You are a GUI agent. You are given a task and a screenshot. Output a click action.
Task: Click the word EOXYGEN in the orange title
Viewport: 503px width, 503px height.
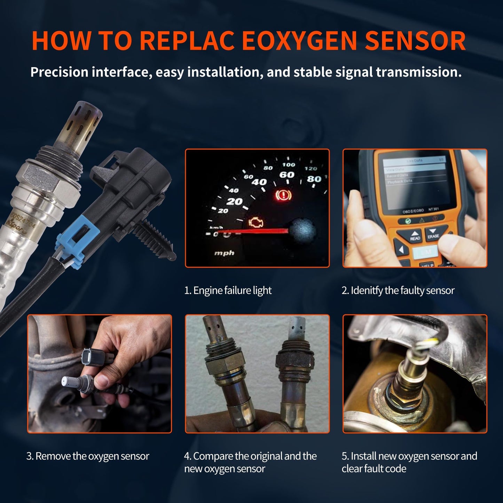pyautogui.click(x=299, y=41)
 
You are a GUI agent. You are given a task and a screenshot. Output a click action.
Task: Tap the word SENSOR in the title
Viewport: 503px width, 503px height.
pyautogui.click(x=415, y=41)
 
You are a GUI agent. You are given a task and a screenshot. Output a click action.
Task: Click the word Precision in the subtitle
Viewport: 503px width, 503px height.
pyautogui.click(x=59, y=72)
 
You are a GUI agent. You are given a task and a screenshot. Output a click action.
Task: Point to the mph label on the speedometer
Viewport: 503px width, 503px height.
pyautogui.click(x=224, y=253)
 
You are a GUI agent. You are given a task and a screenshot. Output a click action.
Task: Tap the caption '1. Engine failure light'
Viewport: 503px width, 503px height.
pyautogui.click(x=228, y=290)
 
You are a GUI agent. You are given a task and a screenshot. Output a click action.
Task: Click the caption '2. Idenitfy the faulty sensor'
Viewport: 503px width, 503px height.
pyautogui.click(x=398, y=290)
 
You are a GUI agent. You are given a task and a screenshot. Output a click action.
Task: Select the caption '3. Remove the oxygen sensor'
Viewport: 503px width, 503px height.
pyautogui.click(x=88, y=456)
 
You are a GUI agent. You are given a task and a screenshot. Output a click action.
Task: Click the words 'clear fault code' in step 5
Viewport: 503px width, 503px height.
pyautogui.click(x=374, y=469)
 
